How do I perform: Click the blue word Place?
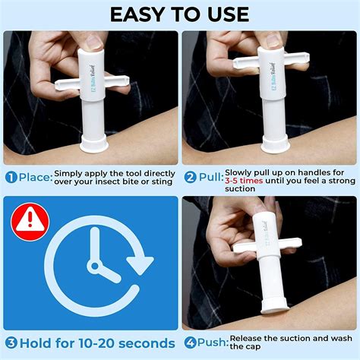point(34,178)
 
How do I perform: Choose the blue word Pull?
point(210,178)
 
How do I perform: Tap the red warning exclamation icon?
point(28,219)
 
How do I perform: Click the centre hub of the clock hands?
point(94,266)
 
